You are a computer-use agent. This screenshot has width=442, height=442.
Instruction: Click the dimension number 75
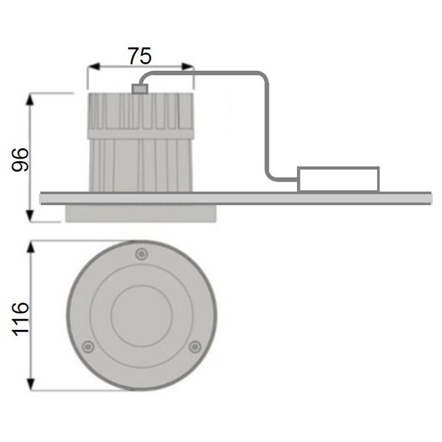tap(140, 56)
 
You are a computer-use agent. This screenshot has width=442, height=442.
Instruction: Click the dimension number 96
tap(20, 159)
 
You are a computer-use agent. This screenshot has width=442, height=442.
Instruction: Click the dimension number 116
tap(20, 319)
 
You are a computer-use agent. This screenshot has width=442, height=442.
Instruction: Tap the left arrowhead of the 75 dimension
tap(94, 67)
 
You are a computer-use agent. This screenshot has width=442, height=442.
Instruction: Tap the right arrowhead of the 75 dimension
tap(188, 67)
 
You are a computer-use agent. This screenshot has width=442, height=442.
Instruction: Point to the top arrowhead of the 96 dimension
tap(30, 99)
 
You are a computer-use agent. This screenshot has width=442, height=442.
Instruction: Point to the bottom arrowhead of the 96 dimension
tap(30, 216)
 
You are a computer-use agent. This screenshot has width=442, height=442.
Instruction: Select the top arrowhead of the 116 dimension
tap(31, 247)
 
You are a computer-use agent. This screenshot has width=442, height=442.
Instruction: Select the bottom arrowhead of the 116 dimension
tap(31, 384)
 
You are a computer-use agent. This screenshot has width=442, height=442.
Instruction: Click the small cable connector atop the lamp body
tap(140, 89)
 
